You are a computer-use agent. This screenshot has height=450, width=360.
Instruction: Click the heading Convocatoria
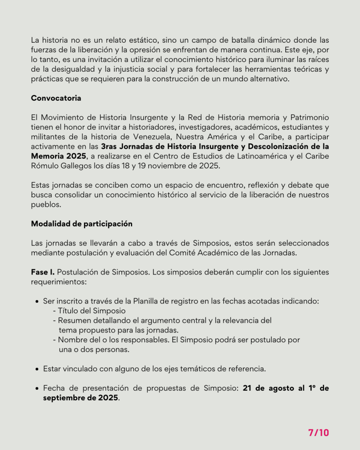(56, 98)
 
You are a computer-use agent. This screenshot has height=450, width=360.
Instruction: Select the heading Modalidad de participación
(81, 223)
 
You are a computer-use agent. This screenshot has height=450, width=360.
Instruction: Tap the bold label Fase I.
(43, 272)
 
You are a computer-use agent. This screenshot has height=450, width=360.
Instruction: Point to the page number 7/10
(318, 432)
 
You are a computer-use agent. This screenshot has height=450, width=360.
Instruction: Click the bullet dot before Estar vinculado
(37, 369)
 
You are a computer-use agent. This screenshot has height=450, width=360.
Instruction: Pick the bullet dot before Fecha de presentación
(37, 388)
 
